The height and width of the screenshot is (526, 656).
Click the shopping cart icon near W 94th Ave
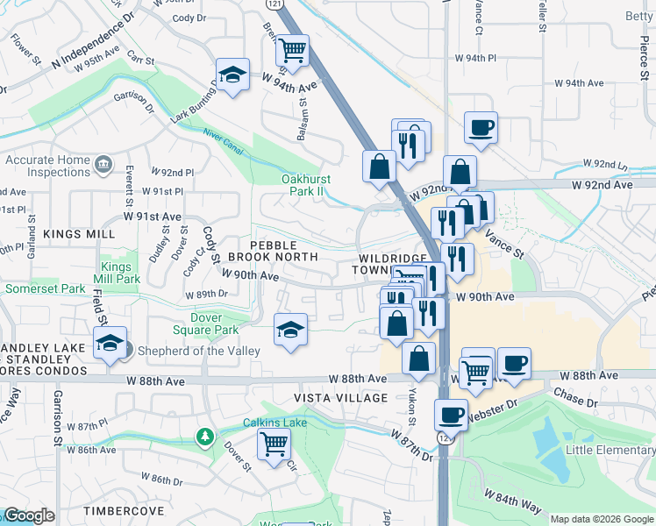[292, 52]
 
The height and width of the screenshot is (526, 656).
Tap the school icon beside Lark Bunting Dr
[233, 75]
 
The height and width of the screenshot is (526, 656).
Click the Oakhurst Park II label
[310, 185]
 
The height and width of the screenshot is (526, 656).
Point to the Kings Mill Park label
[120, 273]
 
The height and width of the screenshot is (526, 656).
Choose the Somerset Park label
[45, 288]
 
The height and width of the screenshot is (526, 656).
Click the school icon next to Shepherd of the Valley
[110, 344]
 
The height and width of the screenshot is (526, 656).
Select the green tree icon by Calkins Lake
[204, 436]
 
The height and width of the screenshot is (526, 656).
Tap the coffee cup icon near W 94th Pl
[481, 128]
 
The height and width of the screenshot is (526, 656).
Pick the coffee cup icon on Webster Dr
[452, 415]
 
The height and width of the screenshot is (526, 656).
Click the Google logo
[30, 515]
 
